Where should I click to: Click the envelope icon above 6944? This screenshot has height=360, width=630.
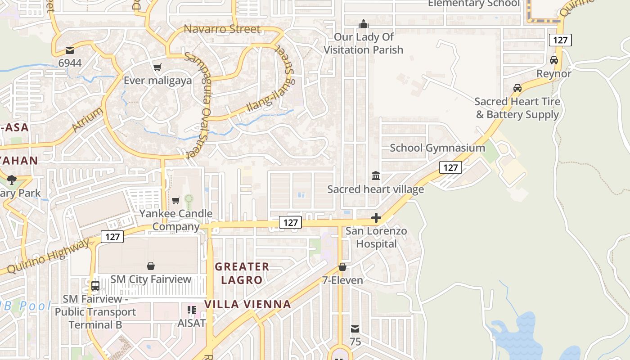(69, 50)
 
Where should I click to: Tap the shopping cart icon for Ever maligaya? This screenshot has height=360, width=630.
(157, 67)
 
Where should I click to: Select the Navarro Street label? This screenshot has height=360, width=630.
(222, 29)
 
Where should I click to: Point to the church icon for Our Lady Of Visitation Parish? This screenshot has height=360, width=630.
(363, 24)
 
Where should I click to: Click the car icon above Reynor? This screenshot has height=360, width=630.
(554, 60)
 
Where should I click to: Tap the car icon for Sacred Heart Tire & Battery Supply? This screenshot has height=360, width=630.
(517, 88)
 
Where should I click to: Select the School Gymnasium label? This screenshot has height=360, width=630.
(437, 148)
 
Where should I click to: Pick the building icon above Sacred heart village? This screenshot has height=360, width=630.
(375, 175)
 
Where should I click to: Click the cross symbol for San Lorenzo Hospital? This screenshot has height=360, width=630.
(376, 218)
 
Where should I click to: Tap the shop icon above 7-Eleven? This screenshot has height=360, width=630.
(342, 267)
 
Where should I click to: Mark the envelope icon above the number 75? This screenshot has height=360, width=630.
(355, 329)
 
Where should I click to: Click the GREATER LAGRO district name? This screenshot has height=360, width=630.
(242, 273)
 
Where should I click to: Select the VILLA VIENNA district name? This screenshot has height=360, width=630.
(247, 304)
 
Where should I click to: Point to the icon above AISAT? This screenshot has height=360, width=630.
(192, 310)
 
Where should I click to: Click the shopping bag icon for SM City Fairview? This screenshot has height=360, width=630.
(151, 266)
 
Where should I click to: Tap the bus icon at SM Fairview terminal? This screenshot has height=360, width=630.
(95, 286)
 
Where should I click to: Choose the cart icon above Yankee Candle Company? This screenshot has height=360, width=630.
(175, 200)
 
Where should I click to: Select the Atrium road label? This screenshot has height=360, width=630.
(87, 120)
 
